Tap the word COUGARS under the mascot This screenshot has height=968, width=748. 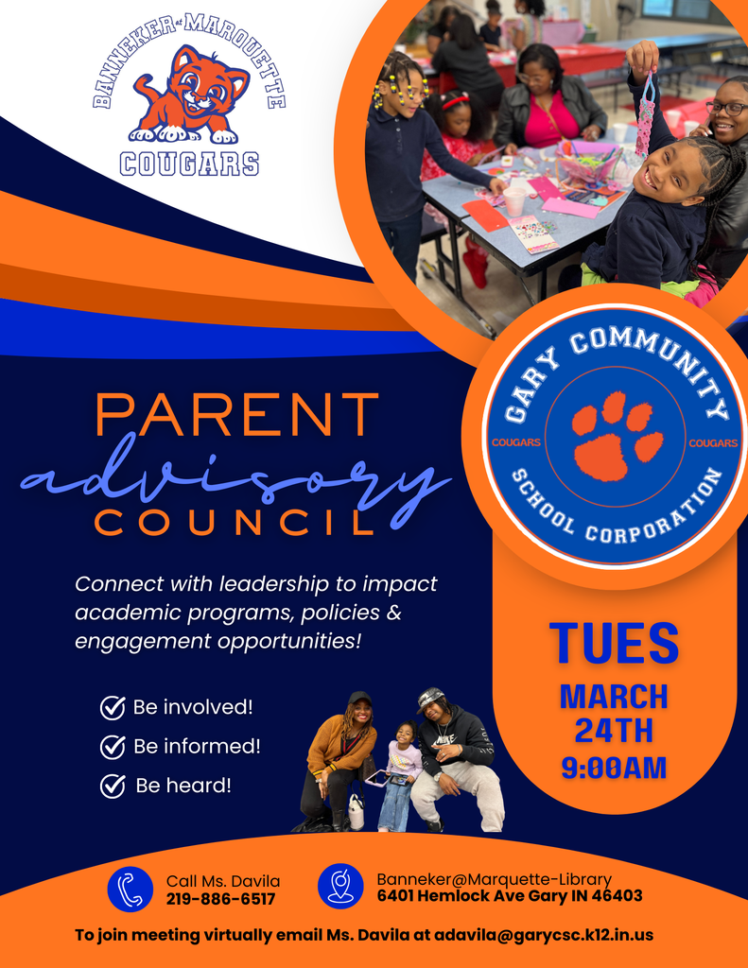click(189, 164)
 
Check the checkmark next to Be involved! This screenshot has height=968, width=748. click(113, 707)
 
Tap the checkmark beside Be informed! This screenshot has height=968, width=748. click(113, 747)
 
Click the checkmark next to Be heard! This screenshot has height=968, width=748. click(113, 786)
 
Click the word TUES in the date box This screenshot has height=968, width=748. click(614, 643)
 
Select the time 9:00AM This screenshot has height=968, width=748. click(614, 767)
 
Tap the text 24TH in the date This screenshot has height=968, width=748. click(614, 731)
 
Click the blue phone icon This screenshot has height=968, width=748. click(130, 890)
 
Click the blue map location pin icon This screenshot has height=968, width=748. click(340, 887)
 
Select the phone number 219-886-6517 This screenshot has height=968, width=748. click(220, 899)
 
